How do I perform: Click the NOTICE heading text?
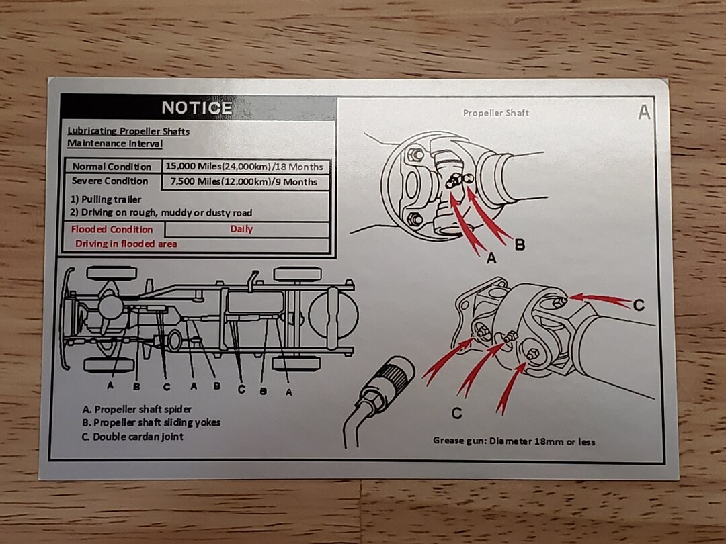[x=196, y=107]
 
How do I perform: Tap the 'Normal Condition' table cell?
[x=112, y=167]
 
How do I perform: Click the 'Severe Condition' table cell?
[x=110, y=181]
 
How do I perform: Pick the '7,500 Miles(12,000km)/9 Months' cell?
[x=244, y=181]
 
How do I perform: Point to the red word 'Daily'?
[x=241, y=229]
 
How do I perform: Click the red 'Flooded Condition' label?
[x=112, y=229]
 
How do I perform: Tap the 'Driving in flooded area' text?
[x=126, y=244]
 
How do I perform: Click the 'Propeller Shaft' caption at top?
[x=495, y=113]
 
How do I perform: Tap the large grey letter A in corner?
[x=644, y=113]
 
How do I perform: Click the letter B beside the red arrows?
[x=520, y=245]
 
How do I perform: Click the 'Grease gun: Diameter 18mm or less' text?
[x=514, y=441]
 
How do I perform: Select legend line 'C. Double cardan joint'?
[x=132, y=437]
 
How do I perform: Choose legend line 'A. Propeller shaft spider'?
[x=137, y=409]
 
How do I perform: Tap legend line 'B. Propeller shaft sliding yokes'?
[x=151, y=422]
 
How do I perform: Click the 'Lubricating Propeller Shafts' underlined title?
[x=128, y=131]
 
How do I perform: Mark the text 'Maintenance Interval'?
[x=115, y=144]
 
